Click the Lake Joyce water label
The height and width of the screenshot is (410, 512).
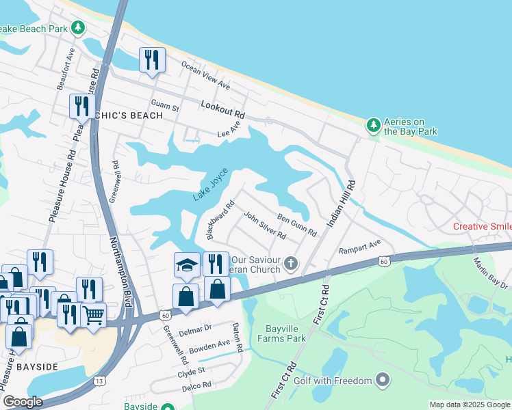(x=209, y=189)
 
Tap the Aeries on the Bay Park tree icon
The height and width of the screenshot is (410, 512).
(x=373, y=124)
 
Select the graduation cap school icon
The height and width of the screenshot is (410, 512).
(x=187, y=265)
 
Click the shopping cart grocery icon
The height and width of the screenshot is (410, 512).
(x=94, y=315)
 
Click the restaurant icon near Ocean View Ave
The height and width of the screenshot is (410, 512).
(x=152, y=59)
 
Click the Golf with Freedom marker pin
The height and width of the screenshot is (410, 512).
(x=383, y=380)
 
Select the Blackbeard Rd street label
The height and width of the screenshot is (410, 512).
(x=220, y=219)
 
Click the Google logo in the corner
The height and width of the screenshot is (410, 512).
(x=23, y=402)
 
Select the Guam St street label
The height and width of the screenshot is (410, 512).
(x=165, y=108)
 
